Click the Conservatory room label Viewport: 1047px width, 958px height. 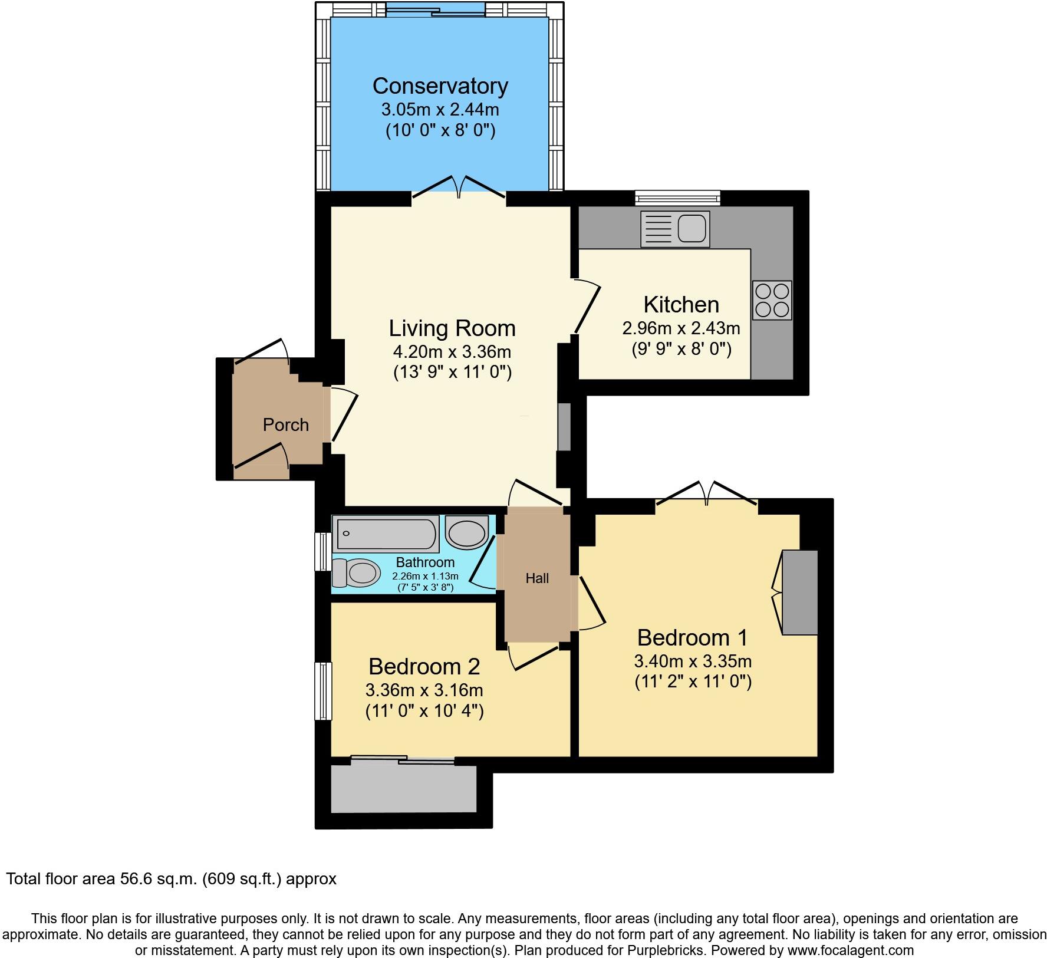click(440, 86)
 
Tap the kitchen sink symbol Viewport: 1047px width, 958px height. click(675, 229)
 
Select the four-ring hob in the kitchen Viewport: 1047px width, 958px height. click(772, 301)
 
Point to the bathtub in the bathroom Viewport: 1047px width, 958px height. click(385, 534)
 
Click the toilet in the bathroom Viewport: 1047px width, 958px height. click(356, 572)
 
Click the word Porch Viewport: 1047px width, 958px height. click(285, 424)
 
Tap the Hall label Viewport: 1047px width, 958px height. click(537, 578)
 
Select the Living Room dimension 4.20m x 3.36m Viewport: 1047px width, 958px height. click(452, 352)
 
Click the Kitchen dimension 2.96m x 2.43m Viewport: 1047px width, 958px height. click(681, 328)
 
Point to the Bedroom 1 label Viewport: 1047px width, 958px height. click(692, 637)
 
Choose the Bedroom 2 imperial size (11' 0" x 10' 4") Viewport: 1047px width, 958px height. click(424, 711)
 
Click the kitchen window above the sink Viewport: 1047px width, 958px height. click(678, 197)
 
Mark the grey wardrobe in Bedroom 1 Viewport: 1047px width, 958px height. click(800, 592)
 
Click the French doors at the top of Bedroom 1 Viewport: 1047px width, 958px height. click(706, 493)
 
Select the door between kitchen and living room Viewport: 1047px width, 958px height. click(586, 308)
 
